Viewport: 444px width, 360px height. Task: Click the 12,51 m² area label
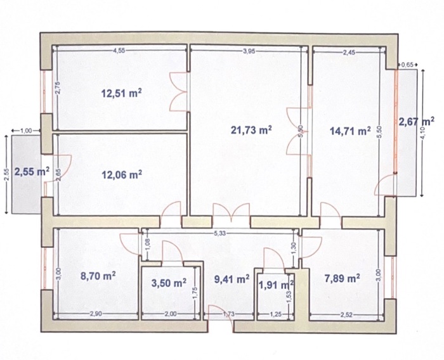tap(122, 93)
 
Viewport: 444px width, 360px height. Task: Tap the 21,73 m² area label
tap(251, 130)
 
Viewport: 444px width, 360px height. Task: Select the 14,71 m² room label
tap(350, 131)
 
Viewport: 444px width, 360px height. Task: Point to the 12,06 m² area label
tap(122, 175)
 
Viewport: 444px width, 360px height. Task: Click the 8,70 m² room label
tap(98, 276)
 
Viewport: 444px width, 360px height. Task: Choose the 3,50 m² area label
tap(169, 283)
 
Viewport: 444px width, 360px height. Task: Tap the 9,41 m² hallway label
tap(232, 280)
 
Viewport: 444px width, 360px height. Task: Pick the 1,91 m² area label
tap(276, 285)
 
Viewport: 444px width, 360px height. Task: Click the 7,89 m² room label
tap(343, 278)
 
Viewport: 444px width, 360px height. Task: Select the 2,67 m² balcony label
tap(417, 122)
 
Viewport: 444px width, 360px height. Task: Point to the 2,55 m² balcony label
tap(32, 172)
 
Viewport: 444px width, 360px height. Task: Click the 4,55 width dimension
tap(119, 51)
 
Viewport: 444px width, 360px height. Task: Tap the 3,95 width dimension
tap(249, 51)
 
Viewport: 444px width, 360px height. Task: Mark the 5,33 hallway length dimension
tap(220, 233)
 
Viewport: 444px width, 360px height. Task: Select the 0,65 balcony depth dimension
tap(407, 65)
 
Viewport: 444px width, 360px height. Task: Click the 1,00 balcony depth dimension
tap(27, 131)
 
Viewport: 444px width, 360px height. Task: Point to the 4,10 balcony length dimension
tap(423, 133)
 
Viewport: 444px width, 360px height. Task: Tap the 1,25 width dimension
tap(275, 314)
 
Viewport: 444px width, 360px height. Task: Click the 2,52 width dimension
tap(346, 315)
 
